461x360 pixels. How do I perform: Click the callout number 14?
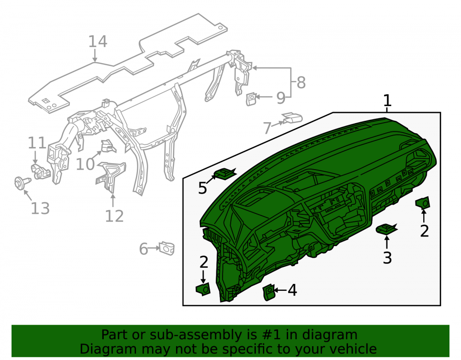tap(98, 41)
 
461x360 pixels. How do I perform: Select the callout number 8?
tap(301, 83)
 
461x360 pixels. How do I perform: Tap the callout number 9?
tap(281, 98)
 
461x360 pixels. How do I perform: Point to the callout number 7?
tap(267, 128)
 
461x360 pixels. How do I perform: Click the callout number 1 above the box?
tap(388, 100)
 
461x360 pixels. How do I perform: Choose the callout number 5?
tap(202, 188)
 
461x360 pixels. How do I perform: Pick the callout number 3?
tap(387, 258)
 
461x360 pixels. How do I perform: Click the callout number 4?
tap(292, 290)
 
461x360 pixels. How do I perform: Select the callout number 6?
tap(143, 249)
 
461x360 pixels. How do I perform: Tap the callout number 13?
tap(40, 208)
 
